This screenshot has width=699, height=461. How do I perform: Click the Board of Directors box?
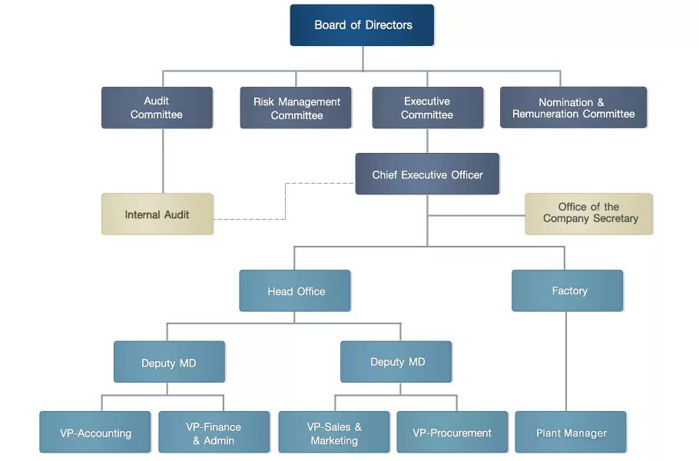(x=362, y=25)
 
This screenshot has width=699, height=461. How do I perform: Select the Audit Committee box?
(x=157, y=108)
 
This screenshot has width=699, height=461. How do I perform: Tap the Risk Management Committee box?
(x=296, y=108)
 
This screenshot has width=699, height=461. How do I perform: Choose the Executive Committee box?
(x=427, y=108)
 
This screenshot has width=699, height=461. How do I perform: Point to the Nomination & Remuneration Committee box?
(x=573, y=108)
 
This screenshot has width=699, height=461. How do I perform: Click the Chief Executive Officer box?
(x=427, y=174)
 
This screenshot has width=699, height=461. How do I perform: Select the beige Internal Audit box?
(x=157, y=214)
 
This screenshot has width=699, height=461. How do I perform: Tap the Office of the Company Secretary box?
(x=589, y=213)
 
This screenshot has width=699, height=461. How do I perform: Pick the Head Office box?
(x=295, y=291)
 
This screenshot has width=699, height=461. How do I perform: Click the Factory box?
(x=568, y=290)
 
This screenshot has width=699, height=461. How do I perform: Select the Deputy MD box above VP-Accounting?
(x=169, y=363)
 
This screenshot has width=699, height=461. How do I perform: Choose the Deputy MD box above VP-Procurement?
(x=396, y=362)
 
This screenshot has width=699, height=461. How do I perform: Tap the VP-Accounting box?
(x=95, y=433)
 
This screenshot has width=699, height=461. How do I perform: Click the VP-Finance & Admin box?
(x=214, y=433)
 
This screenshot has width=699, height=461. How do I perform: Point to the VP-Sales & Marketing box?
(x=334, y=433)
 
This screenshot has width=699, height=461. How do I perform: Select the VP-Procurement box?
(x=452, y=433)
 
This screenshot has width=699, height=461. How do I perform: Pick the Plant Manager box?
(x=571, y=433)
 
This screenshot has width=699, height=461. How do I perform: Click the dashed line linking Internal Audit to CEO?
(x=285, y=201)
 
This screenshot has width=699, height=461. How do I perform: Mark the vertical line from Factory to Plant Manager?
(x=567, y=361)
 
